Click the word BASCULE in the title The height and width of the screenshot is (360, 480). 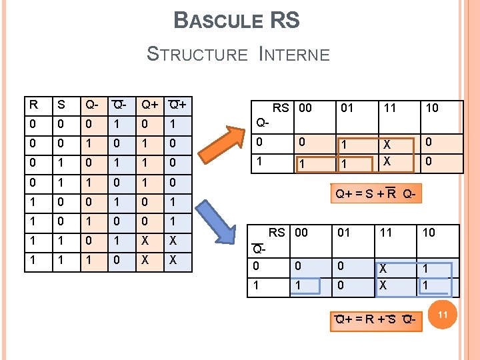[217, 21]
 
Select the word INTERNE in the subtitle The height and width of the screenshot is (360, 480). [293, 54]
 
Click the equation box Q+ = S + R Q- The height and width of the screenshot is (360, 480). [377, 195]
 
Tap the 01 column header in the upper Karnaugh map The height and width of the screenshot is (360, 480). [347, 108]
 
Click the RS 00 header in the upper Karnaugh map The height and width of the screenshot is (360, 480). [292, 108]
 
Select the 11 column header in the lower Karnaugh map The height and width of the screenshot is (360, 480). [387, 232]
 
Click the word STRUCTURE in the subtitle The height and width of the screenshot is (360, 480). [197, 54]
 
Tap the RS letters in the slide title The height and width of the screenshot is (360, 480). [285, 21]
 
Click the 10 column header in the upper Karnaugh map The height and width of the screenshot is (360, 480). [432, 108]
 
